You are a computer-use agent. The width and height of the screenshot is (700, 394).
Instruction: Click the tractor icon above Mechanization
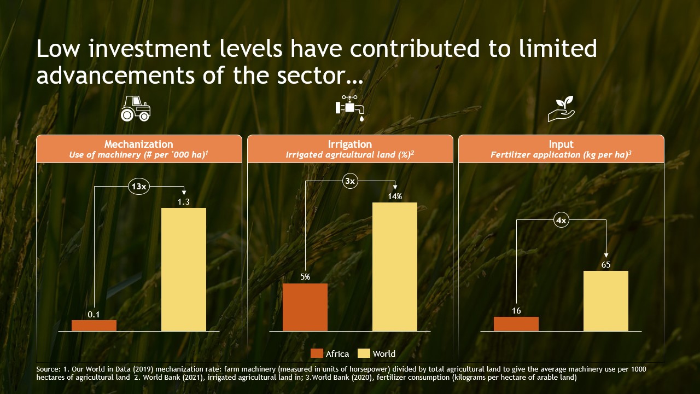click(x=135, y=108)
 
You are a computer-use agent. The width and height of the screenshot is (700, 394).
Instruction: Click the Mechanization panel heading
click(x=138, y=144)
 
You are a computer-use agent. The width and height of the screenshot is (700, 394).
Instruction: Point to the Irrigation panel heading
click(x=349, y=144)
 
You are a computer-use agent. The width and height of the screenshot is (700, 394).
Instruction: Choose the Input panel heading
click(x=561, y=144)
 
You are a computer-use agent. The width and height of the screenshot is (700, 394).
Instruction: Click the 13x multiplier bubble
click(x=139, y=187)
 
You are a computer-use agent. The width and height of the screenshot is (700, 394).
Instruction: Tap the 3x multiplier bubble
click(x=350, y=181)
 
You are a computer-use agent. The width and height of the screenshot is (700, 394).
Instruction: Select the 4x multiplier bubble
click(x=561, y=221)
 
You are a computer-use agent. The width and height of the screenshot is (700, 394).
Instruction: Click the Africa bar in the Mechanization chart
click(x=94, y=326)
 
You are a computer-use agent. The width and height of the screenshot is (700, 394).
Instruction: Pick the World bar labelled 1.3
click(x=184, y=269)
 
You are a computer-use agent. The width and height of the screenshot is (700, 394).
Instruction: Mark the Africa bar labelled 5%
click(x=305, y=307)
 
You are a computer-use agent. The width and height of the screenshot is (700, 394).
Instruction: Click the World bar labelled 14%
click(x=395, y=266)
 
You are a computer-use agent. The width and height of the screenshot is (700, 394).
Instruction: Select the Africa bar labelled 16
click(x=516, y=324)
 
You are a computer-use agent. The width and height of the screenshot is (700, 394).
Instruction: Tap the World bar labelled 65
click(x=606, y=301)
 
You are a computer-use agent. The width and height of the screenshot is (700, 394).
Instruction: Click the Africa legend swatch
click(x=317, y=354)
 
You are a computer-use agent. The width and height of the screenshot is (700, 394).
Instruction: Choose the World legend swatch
click(x=364, y=354)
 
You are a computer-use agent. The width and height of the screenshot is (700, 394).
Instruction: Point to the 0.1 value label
click(x=94, y=315)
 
